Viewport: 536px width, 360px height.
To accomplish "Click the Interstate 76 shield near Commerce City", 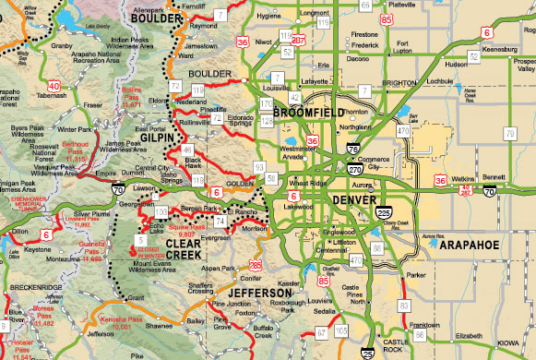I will tap(354, 150).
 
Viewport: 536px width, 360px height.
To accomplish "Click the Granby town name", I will tap(62, 43).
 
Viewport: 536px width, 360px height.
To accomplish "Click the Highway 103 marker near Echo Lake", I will tap(161, 212).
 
